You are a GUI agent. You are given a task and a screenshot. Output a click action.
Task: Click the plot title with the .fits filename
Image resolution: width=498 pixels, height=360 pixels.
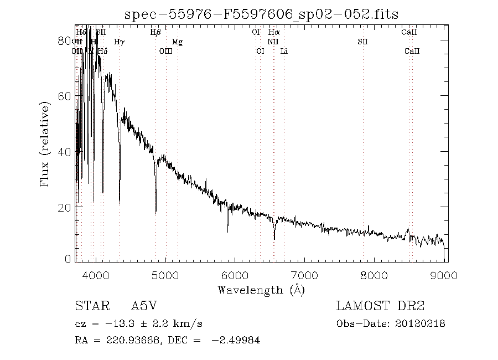tap(261, 14)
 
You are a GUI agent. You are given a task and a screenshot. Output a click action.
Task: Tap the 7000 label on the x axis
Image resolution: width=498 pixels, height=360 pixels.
tap(305, 276)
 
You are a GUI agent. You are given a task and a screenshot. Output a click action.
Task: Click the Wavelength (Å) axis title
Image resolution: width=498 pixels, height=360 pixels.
tap(261, 290)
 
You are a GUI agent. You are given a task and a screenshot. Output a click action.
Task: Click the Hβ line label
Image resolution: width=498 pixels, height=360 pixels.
tap(155, 33)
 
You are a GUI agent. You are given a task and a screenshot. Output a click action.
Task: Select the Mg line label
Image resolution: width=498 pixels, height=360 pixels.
tap(177, 42)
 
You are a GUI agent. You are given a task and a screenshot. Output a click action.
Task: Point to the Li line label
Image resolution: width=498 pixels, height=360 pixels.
tap(284, 52)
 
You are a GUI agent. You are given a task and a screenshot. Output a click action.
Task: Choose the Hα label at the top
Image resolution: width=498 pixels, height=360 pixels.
tap(273, 33)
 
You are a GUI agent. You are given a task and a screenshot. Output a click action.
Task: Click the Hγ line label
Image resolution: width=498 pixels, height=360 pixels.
tap(119, 42)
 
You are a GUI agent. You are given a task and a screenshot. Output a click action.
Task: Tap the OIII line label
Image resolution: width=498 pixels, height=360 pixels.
tap(165, 52)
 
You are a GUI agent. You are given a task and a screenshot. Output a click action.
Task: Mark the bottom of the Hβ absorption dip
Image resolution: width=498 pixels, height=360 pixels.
tap(155, 212)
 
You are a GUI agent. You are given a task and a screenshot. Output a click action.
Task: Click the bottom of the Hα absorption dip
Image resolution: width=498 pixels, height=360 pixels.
tap(274, 239)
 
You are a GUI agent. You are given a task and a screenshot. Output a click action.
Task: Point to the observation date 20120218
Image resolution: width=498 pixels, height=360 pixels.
tap(421, 324)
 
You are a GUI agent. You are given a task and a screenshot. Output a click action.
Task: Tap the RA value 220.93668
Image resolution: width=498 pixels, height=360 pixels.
tap(131, 341)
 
